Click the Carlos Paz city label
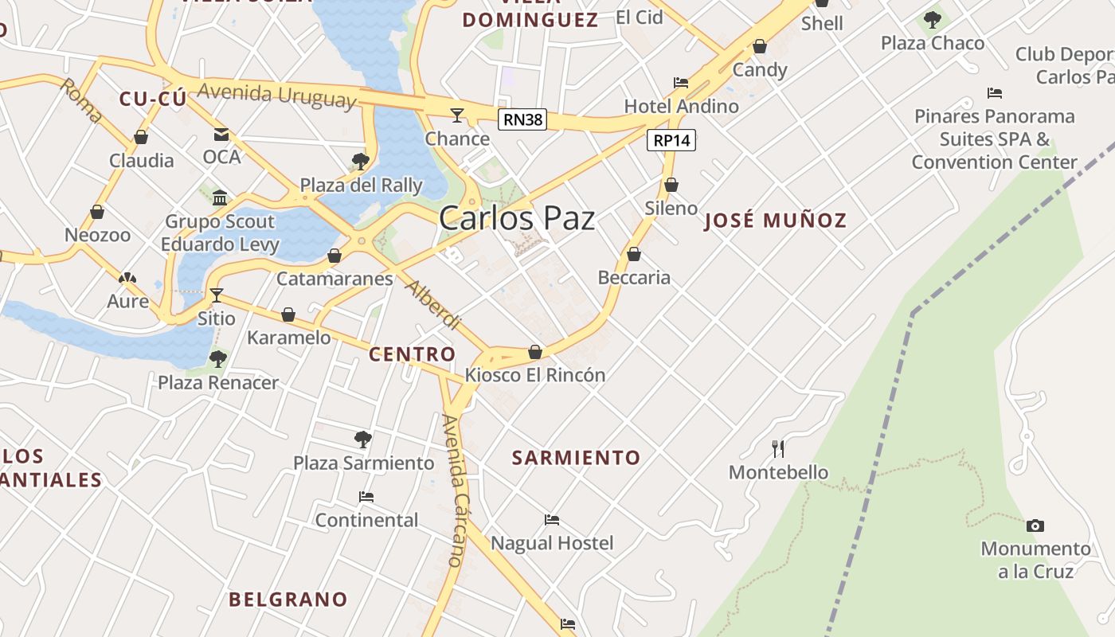tap(517, 218)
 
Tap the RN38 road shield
tap(523, 120)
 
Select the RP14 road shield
tap(671, 140)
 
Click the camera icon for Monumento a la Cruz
tap(1035, 526)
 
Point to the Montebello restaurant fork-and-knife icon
tap(778, 448)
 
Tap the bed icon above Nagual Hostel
tap(552, 520)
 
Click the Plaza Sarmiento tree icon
tap(363, 439)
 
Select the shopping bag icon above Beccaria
tap(634, 254)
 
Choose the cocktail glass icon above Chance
tap(456, 115)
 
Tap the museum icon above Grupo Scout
tap(220, 197)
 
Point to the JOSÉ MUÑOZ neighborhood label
tap(776, 221)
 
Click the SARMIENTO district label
tap(576, 458)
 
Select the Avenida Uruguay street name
tap(276, 94)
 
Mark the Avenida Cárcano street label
tap(453, 490)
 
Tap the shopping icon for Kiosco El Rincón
tap(535, 352)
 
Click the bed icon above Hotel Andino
tap(681, 82)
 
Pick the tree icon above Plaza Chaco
tap(933, 19)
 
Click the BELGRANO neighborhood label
tap(288, 600)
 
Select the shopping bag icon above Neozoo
tap(97, 212)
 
